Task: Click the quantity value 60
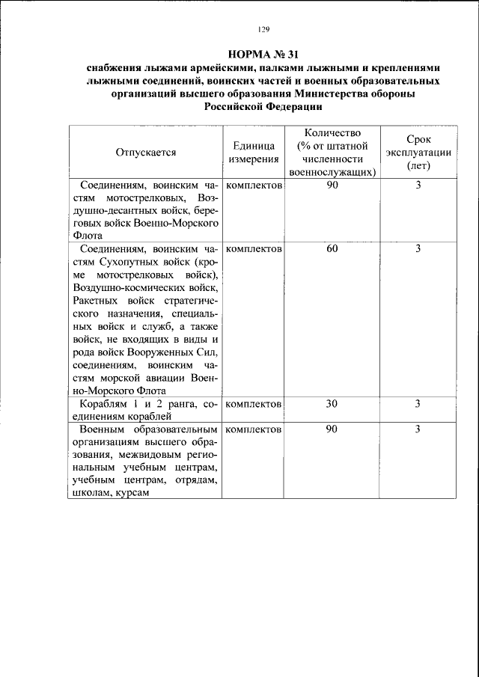coord(332,248)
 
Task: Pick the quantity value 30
coord(332,404)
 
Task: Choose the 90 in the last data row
coord(332,429)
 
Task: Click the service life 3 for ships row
coord(418,404)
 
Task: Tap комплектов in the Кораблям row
coord(253,404)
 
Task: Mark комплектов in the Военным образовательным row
coord(253,429)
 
